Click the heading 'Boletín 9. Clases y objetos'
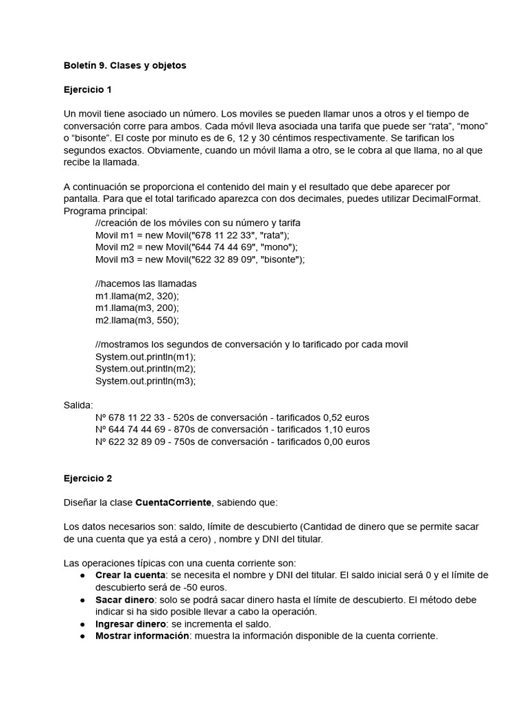coord(125,65)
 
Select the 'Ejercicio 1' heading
coord(87,90)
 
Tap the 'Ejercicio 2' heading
coord(87,479)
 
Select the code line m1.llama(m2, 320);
coord(137,296)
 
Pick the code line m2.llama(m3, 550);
coord(137,320)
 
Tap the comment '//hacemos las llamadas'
coord(146,284)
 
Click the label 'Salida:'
coord(78,405)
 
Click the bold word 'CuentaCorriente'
coord(174,503)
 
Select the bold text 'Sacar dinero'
coord(124,599)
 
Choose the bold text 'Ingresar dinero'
coord(130,624)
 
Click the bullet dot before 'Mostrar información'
coord(82,636)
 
